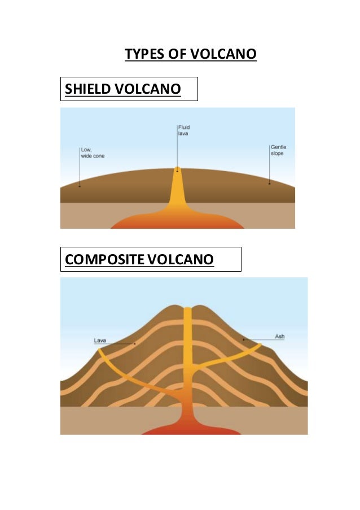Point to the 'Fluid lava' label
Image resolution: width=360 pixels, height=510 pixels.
click(x=184, y=130)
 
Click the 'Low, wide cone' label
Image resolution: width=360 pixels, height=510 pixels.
click(x=92, y=152)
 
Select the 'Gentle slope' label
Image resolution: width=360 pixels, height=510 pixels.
click(x=278, y=150)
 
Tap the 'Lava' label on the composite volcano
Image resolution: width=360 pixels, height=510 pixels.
click(x=100, y=341)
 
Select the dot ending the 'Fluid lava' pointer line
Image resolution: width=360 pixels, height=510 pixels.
click(x=178, y=170)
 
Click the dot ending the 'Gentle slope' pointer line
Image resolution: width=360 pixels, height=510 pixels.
click(x=269, y=183)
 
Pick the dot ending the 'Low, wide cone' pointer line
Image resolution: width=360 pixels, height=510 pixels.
click(x=80, y=186)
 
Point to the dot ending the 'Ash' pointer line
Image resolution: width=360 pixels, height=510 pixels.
click(x=243, y=339)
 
